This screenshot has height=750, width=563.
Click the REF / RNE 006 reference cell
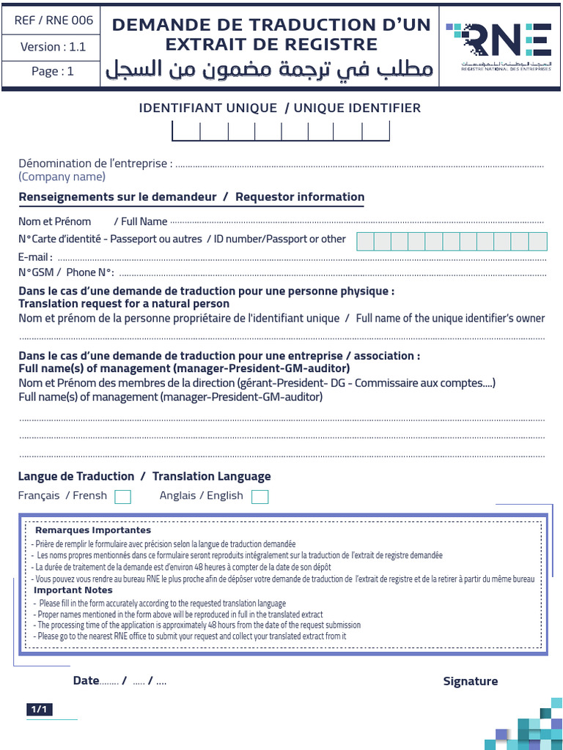coord(54,21)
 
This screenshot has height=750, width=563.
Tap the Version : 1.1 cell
coord(54,47)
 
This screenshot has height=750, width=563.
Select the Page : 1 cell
coord(54,71)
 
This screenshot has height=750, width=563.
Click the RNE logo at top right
coord(501,45)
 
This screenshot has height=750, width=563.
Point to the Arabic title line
coord(269,70)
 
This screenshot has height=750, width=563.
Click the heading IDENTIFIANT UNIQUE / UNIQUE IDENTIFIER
coord(280,108)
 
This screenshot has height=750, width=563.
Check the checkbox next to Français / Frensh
coord(123,497)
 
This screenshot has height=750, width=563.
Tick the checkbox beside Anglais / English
coord(260,497)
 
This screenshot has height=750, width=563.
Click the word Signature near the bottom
coord(470,681)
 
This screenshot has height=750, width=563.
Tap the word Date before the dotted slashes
coord(86,680)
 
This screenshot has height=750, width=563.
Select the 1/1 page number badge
coord(39,709)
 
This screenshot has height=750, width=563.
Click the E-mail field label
coord(35,257)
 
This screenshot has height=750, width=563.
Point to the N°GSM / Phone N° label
coord(66,272)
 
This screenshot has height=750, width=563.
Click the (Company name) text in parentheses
coord(62,177)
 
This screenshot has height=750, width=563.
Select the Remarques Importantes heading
coord(93,530)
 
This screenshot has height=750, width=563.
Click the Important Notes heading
coord(73,590)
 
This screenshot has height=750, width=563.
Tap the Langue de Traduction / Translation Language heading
coord(144,476)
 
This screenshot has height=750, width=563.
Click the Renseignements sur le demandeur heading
coord(117,196)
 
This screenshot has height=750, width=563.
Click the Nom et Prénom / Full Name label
coord(93,221)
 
